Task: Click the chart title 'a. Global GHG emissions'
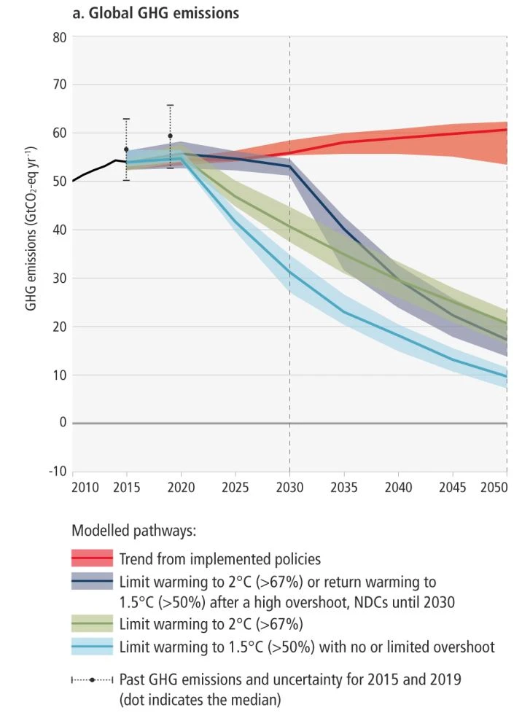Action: coord(156,13)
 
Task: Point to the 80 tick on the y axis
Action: coord(59,36)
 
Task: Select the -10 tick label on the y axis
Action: coord(58,471)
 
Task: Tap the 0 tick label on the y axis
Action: coord(63,423)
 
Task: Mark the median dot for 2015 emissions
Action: coord(126,149)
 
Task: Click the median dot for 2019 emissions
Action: coord(171,136)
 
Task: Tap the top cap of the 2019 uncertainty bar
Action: coord(171,105)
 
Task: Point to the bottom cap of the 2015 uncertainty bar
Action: coord(126,180)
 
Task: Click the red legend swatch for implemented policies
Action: coord(92,559)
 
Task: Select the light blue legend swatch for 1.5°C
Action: coord(92,647)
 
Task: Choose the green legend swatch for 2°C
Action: coord(92,624)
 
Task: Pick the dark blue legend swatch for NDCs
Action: coord(92,582)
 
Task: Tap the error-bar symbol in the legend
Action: coord(93,679)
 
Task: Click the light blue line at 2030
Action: coord(290,272)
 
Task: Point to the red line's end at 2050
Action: coord(507,130)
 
